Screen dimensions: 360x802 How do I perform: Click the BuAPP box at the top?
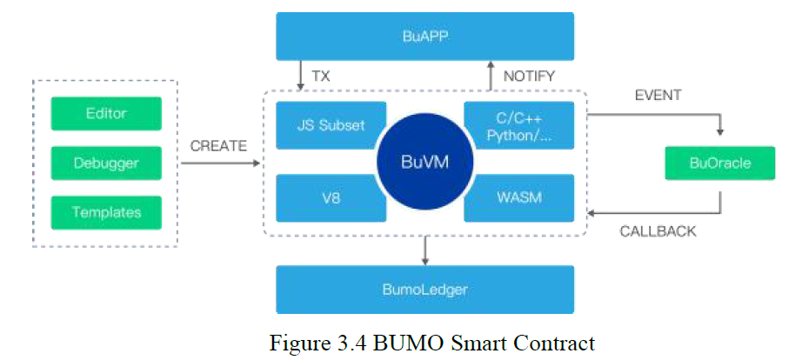(x=424, y=36)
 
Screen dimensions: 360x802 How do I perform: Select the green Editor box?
(x=106, y=114)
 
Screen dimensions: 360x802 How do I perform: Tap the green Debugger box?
(x=106, y=163)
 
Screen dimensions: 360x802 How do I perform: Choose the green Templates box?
(x=106, y=211)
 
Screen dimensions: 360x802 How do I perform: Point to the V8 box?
(x=324, y=198)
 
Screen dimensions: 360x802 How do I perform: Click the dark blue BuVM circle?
(x=424, y=163)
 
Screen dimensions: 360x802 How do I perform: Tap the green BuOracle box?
(x=719, y=163)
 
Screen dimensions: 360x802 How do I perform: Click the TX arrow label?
(x=321, y=77)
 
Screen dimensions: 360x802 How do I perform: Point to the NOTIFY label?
(x=528, y=77)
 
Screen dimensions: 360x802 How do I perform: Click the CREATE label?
(x=218, y=145)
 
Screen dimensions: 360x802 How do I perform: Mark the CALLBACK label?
(x=658, y=231)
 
